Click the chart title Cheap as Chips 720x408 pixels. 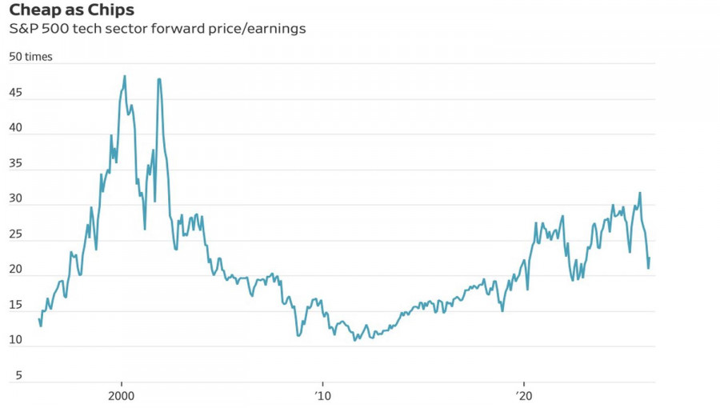click(x=71, y=10)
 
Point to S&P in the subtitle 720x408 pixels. click(x=24, y=29)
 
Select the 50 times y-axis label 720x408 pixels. click(x=30, y=57)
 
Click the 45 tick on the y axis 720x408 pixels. click(x=15, y=94)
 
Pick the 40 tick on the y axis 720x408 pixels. click(x=15, y=129)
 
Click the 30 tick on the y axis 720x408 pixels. click(x=15, y=200)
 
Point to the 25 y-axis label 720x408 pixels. click(x=15, y=234)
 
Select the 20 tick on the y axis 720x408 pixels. click(x=15, y=270)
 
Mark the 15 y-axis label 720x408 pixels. click(x=15, y=306)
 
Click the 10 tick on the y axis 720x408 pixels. click(x=15, y=341)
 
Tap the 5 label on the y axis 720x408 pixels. click(x=18, y=375)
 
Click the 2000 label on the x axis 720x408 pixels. click(x=122, y=395)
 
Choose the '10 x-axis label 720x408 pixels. click(x=322, y=395)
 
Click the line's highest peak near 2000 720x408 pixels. click(x=125, y=76)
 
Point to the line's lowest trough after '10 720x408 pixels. click(x=355, y=340)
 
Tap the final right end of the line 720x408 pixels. click(x=650, y=258)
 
